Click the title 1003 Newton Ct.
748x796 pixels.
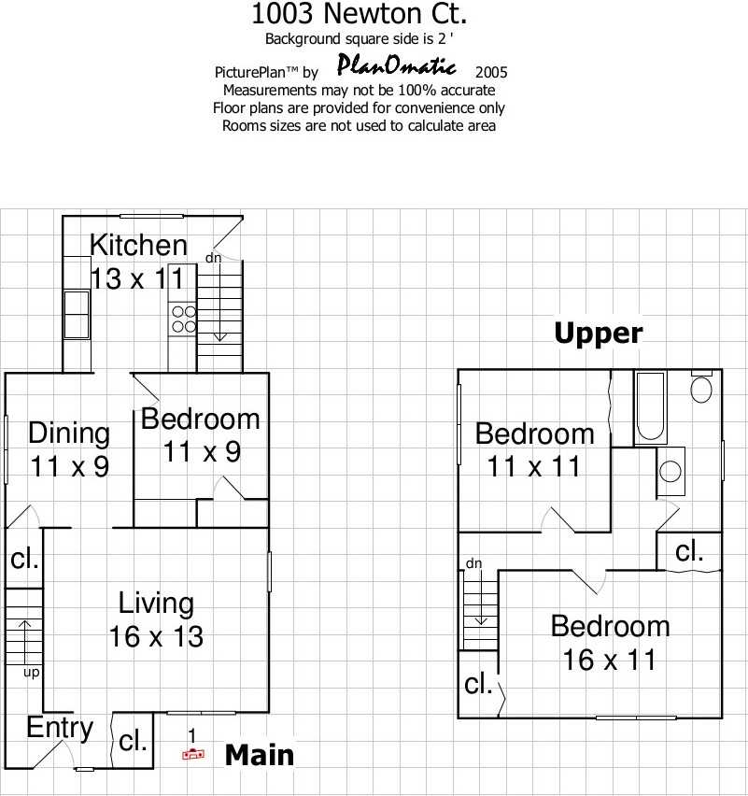pyautogui.click(x=359, y=14)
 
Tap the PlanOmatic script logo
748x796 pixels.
pyautogui.click(x=396, y=65)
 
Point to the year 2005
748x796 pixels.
pyautogui.click(x=491, y=73)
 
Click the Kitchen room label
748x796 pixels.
pyautogui.click(x=138, y=245)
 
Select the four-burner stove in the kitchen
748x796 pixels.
pyautogui.click(x=183, y=319)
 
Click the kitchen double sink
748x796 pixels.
pyautogui.click(x=77, y=314)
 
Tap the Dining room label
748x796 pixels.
pyautogui.click(x=69, y=434)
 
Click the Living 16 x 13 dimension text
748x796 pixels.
pyautogui.click(x=156, y=636)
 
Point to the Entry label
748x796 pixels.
pyautogui.click(x=60, y=729)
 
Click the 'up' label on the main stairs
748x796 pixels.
pyautogui.click(x=32, y=673)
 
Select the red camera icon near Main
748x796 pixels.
pyautogui.click(x=193, y=754)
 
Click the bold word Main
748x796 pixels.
pyautogui.click(x=260, y=755)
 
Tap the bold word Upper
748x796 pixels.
pyautogui.click(x=599, y=334)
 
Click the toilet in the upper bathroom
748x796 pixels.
pyautogui.click(x=701, y=387)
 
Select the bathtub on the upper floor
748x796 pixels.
pyautogui.click(x=651, y=407)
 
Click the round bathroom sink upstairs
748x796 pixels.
pyautogui.click(x=670, y=471)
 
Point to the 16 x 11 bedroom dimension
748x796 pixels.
pyautogui.click(x=610, y=660)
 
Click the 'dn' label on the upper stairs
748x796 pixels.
pyautogui.click(x=474, y=563)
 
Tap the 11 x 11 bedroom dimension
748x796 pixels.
pyautogui.click(x=533, y=466)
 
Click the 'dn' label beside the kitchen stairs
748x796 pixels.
pyautogui.click(x=213, y=258)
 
